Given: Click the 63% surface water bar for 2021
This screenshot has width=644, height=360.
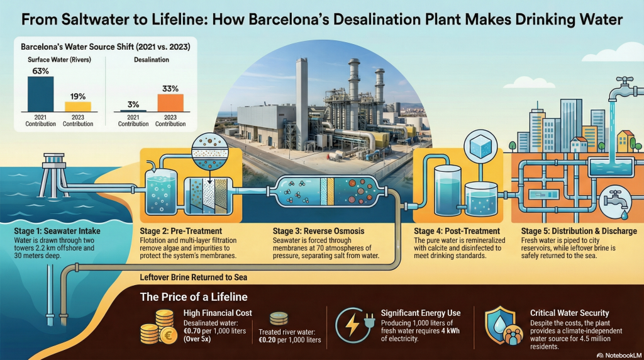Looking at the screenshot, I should [x=41, y=93].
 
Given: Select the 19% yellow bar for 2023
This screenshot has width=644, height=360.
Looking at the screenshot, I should [x=78, y=106].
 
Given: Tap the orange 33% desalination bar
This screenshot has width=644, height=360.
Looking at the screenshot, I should [x=170, y=102].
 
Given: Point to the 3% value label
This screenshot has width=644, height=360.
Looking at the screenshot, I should [x=133, y=104].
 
